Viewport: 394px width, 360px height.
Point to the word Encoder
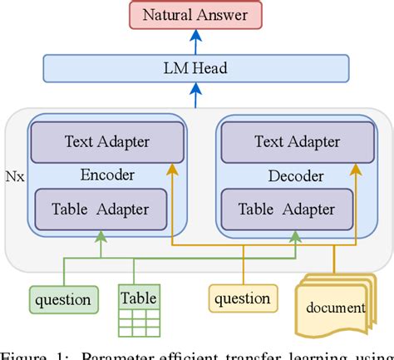102,175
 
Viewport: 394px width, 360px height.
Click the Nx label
15,177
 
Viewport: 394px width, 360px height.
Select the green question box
62,298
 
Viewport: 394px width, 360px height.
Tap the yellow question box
242,298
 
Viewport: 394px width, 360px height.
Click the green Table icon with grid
138,308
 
